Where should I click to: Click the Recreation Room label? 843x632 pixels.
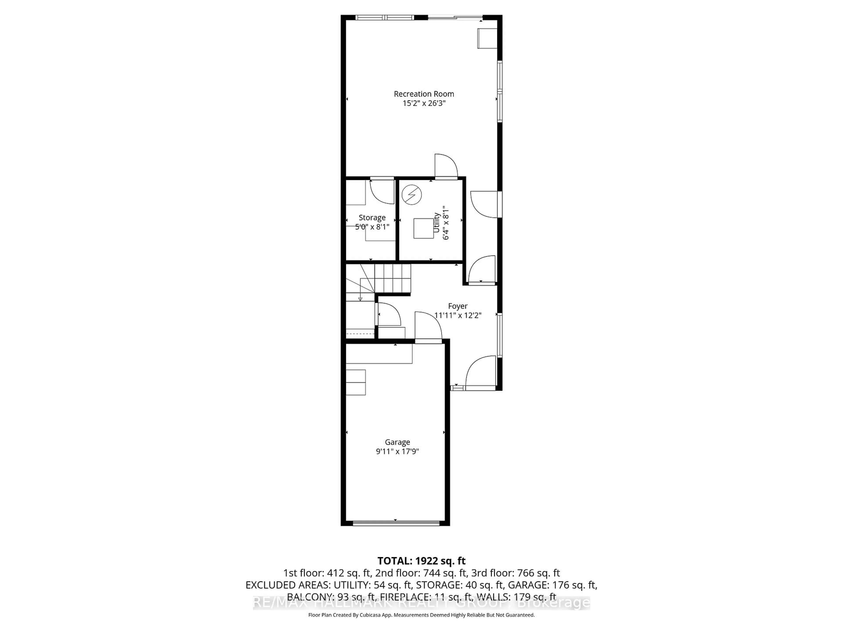click(x=424, y=94)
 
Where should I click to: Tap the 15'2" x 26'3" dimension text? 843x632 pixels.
click(x=424, y=103)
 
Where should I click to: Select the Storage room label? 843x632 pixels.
click(x=372, y=217)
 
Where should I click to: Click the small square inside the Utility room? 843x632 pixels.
click(x=423, y=228)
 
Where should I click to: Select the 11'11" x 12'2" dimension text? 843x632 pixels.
click(x=458, y=315)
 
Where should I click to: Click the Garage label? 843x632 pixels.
click(x=397, y=442)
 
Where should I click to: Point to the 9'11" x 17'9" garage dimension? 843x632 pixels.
click(x=397, y=451)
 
